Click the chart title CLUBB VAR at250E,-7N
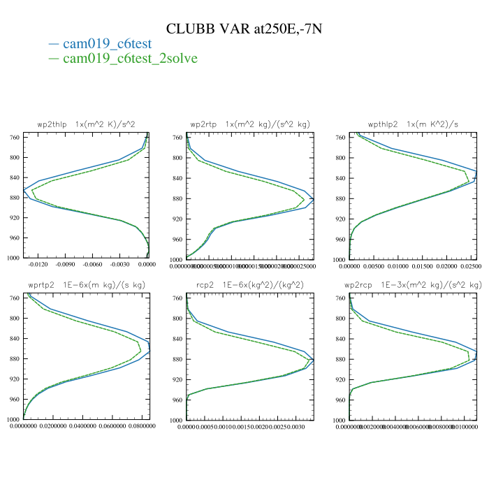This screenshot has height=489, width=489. [244, 29]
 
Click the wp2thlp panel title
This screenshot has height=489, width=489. [86, 124]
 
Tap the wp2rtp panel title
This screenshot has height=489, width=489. [249, 124]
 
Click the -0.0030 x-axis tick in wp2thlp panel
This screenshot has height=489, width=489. [119, 265]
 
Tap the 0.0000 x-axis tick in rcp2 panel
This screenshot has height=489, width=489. [187, 426]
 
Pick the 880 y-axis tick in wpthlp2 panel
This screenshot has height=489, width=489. [340, 198]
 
